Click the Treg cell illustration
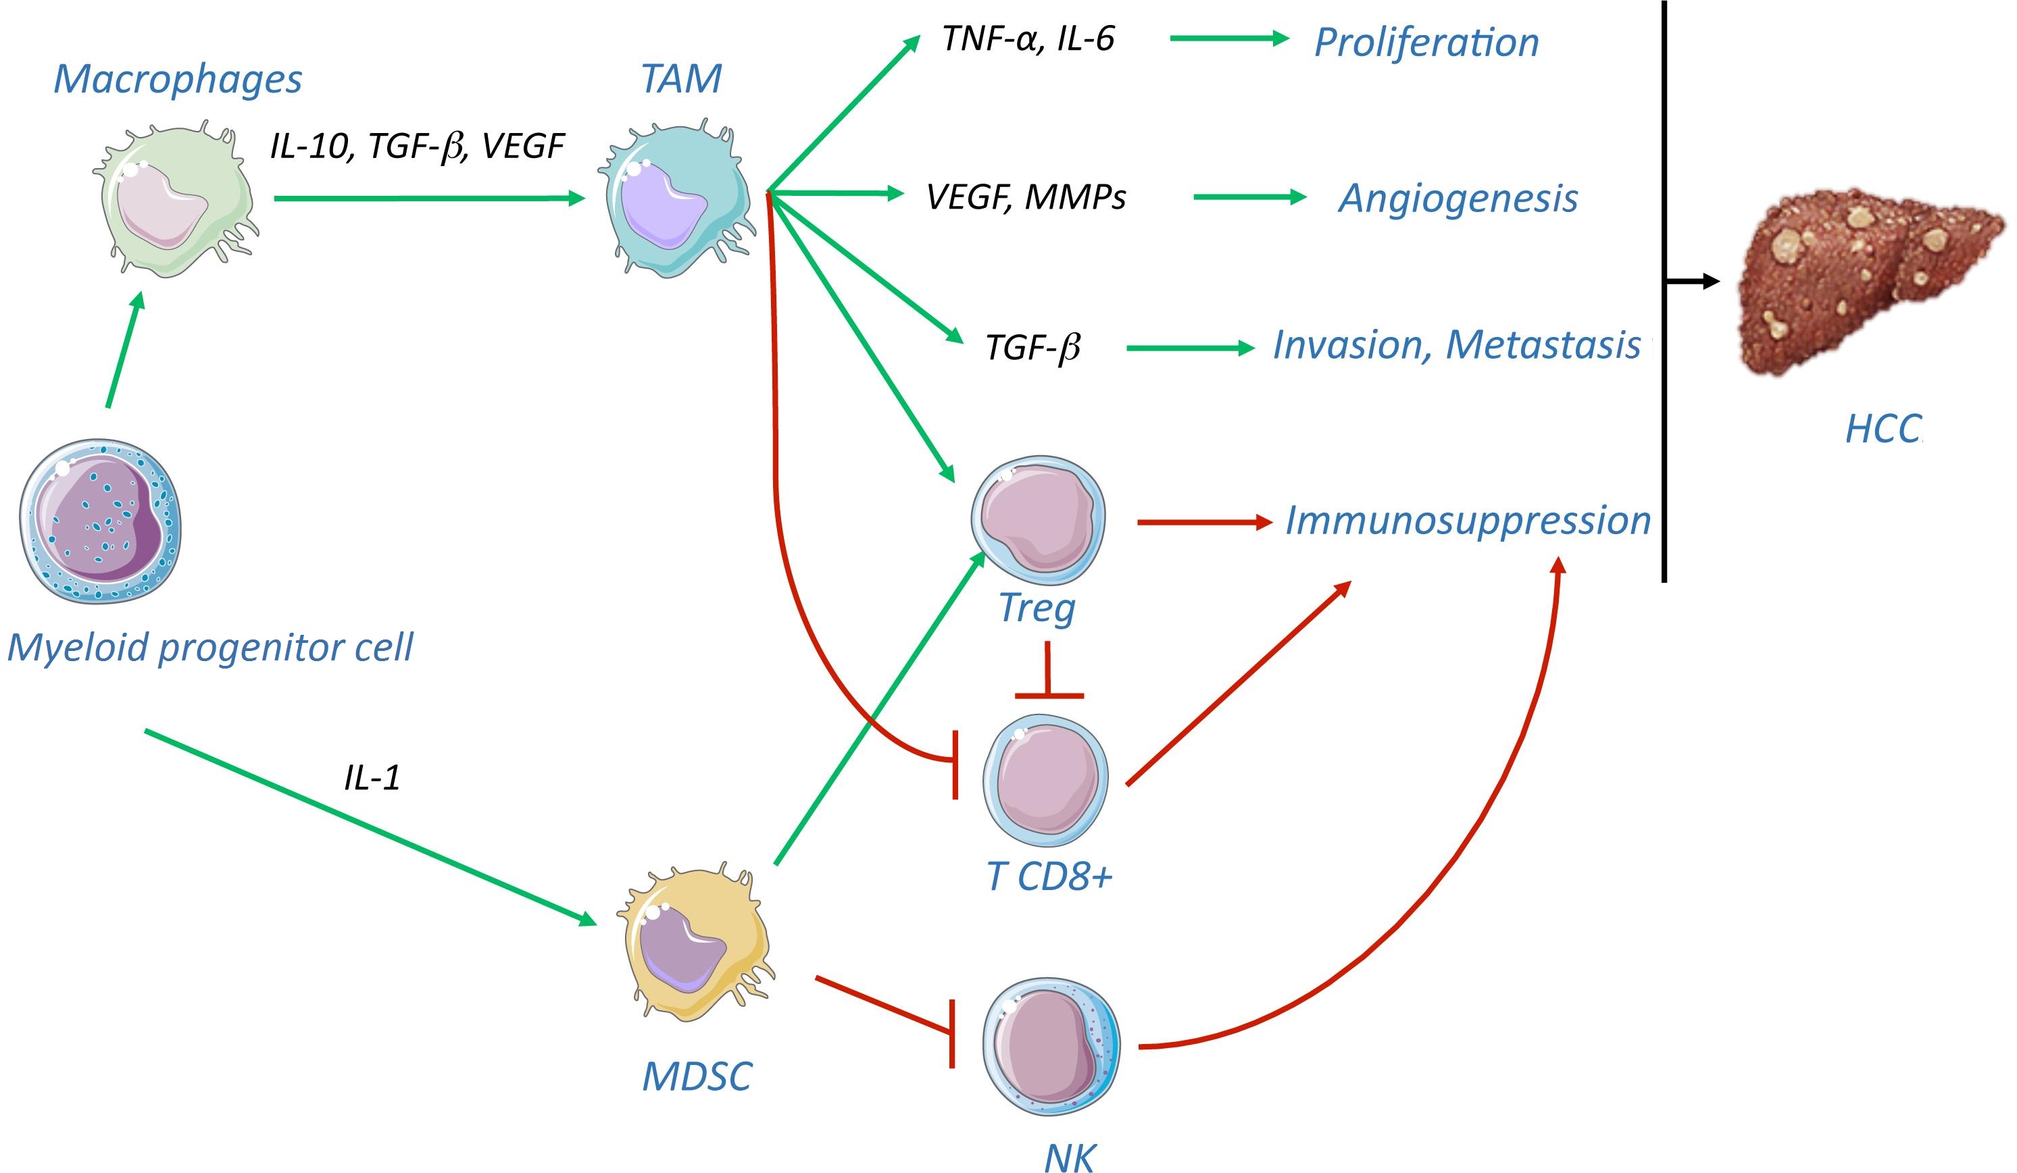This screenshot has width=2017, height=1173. point(1038,520)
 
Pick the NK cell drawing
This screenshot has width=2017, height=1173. point(1051,1047)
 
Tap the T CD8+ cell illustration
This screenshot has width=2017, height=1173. point(1045,781)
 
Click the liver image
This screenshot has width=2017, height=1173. point(1873,280)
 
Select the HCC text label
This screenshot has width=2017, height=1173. point(1883,429)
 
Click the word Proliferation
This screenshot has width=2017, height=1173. point(1426,43)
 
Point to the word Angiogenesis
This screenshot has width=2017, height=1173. point(1458,199)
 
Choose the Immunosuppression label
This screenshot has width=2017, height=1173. point(1468,520)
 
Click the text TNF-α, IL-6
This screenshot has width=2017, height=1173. point(1028,38)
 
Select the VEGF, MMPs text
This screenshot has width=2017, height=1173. point(1026,197)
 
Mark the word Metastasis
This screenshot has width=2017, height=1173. point(1544,345)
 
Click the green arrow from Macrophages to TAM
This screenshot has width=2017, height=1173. point(430,198)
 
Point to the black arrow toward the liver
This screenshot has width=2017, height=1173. point(1692,281)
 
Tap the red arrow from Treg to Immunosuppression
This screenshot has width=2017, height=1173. point(1205,523)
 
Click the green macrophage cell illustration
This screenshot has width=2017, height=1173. point(174,200)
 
